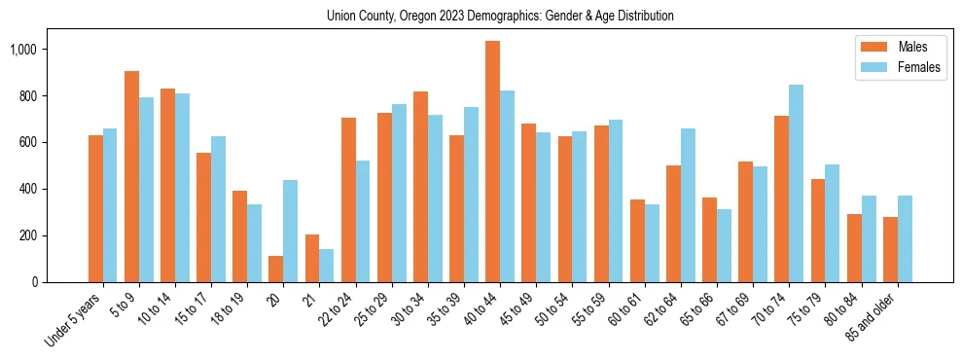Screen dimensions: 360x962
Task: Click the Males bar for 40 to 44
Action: [x=492, y=162]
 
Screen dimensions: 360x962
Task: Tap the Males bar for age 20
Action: [x=276, y=269]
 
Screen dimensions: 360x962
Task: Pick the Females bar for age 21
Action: [x=327, y=266]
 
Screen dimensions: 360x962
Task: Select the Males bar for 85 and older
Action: [x=890, y=249]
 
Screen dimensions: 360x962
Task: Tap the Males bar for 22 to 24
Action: [x=348, y=199]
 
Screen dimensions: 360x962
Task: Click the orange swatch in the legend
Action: [x=869, y=47]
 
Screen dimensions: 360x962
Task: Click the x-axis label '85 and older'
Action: [x=875, y=316]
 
